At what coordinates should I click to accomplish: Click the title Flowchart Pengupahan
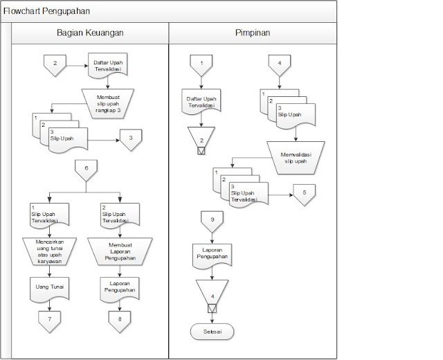[46, 11]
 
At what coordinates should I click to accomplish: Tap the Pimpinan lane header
[253, 33]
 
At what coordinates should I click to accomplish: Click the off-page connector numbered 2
[55, 65]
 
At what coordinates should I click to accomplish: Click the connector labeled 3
[130, 139]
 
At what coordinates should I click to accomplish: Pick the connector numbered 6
[86, 170]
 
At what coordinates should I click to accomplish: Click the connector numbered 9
[211, 222]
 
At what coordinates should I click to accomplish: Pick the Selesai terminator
[211, 332]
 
